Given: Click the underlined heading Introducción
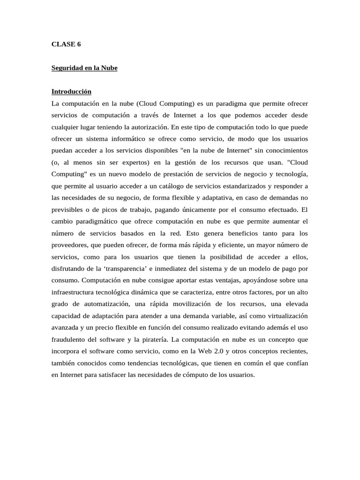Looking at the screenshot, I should coord(71,91).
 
